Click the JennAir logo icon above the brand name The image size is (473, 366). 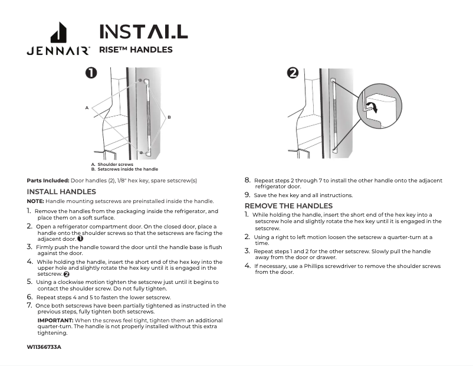point(58,32)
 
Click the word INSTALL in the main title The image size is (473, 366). point(143,31)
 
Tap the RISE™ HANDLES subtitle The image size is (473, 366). point(136,50)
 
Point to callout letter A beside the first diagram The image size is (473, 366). point(86,107)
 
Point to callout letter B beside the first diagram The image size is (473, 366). point(169,117)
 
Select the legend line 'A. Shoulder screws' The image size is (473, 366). point(112,164)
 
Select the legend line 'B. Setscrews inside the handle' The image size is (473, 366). point(124,169)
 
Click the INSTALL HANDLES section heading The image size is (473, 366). point(61,192)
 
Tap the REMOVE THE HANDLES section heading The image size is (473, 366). point(288,205)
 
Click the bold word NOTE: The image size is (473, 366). point(35,201)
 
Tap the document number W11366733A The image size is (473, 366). point(44,347)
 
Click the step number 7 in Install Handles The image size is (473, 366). point(29,306)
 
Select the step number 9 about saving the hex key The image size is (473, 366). point(247,195)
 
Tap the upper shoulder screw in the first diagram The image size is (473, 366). point(140,80)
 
